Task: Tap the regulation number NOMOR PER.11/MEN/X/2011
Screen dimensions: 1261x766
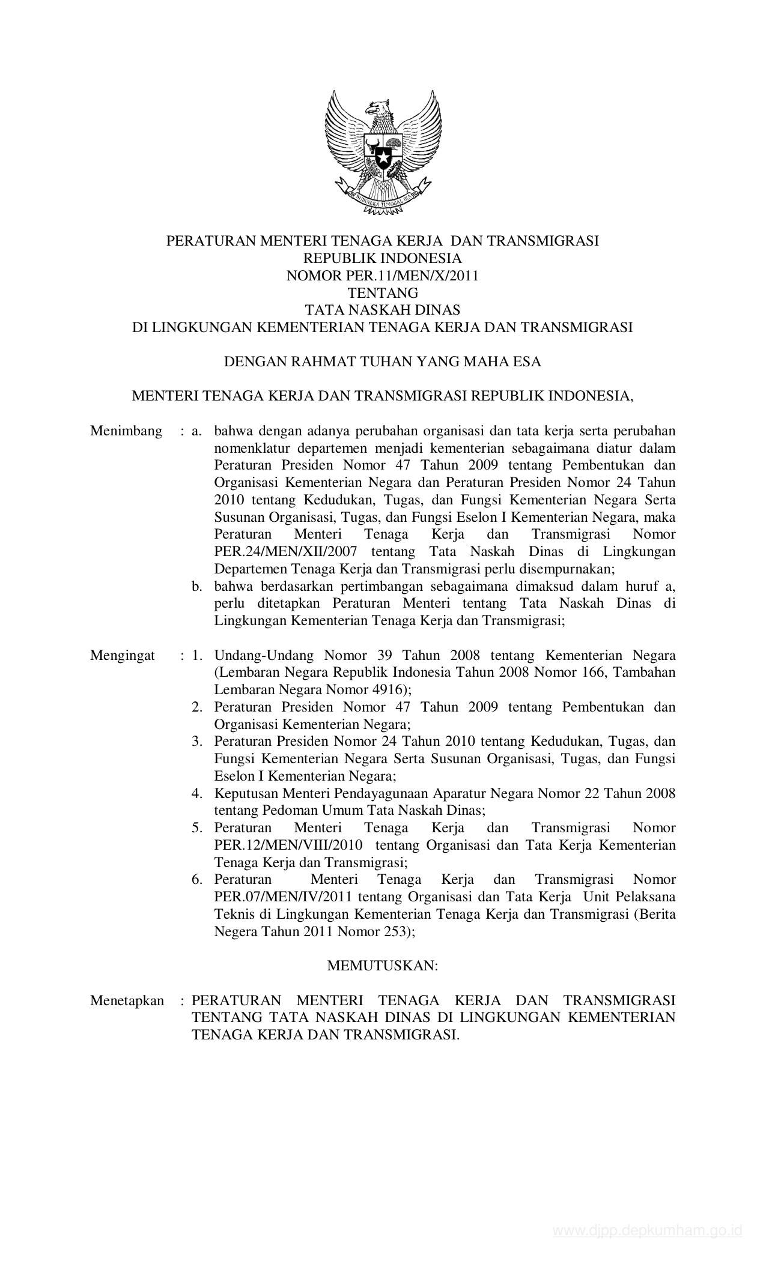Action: point(382,276)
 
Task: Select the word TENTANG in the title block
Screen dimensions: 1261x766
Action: point(382,293)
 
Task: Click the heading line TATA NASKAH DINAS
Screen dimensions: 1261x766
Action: point(382,310)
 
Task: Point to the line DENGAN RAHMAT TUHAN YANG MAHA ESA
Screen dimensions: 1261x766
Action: point(382,361)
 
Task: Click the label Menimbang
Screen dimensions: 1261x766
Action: point(126,431)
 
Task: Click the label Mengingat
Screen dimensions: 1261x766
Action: point(123,655)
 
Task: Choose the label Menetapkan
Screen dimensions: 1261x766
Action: point(127,1000)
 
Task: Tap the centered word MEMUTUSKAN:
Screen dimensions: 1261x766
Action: point(382,966)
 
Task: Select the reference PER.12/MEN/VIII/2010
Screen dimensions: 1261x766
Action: point(288,845)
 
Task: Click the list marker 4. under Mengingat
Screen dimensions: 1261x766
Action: point(197,794)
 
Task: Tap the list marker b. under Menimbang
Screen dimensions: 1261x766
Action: point(197,586)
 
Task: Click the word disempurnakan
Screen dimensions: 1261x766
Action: point(565,569)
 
